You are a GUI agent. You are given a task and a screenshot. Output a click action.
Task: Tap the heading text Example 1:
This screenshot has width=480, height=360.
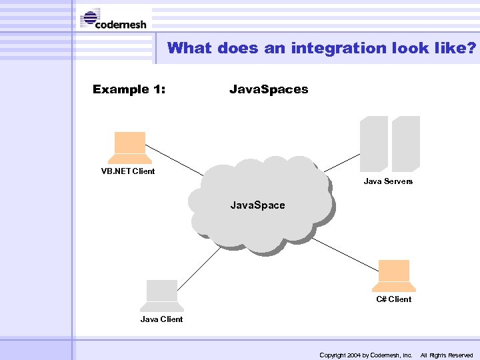tap(129, 89)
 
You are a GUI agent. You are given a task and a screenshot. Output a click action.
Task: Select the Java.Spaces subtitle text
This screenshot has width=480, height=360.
tap(269, 89)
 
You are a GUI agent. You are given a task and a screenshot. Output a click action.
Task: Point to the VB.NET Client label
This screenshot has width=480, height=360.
tap(128, 171)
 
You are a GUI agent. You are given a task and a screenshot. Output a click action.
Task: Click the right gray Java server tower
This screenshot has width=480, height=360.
tap(405, 144)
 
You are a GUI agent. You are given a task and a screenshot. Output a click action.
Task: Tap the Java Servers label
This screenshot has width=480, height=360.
tap(388, 181)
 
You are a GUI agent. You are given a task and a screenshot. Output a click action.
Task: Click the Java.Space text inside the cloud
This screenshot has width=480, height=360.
tap(257, 205)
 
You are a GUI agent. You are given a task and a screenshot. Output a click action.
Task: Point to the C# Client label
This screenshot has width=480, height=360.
tap(393, 299)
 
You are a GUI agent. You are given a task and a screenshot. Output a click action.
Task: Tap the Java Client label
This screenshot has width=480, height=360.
tap(161, 319)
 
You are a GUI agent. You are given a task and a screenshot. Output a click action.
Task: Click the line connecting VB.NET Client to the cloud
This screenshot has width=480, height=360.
tap(177, 163)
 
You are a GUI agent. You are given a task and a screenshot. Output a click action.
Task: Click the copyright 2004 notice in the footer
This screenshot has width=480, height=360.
tap(366, 355)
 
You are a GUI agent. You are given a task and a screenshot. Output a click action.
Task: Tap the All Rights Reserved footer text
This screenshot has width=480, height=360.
tap(446, 355)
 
